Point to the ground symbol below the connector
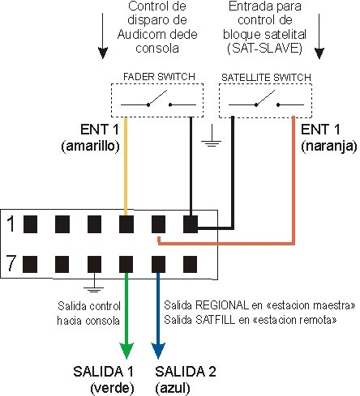tap(94, 285)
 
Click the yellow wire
tap(127, 178)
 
